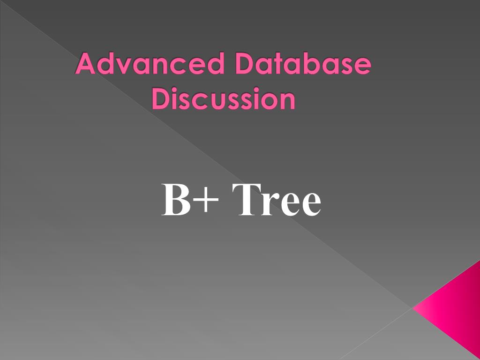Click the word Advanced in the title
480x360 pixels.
(x=150, y=64)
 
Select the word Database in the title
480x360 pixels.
(x=303, y=64)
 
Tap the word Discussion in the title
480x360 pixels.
(x=224, y=99)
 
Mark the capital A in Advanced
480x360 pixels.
(x=86, y=64)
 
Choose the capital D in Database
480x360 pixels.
(x=246, y=64)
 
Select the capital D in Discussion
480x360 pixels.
(x=162, y=99)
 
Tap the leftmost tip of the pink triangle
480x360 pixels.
(x=413, y=308)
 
